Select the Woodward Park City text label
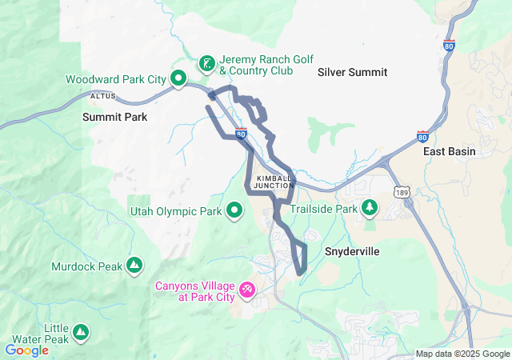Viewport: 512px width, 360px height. (x=115, y=79)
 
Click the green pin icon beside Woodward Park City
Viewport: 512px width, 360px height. (x=179, y=79)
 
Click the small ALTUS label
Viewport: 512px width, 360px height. (x=103, y=96)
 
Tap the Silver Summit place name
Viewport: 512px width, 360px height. (x=352, y=72)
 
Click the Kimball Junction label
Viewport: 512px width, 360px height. (x=273, y=182)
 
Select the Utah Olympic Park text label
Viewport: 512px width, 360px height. (x=175, y=212)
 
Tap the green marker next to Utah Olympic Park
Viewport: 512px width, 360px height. (x=234, y=211)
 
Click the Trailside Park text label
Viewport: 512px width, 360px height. (x=323, y=209)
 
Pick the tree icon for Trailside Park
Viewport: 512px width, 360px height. (x=370, y=209)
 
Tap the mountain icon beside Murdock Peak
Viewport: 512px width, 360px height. (x=134, y=265)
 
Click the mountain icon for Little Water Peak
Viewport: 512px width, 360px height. (x=81, y=332)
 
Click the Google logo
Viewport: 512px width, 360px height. (x=26, y=350)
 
